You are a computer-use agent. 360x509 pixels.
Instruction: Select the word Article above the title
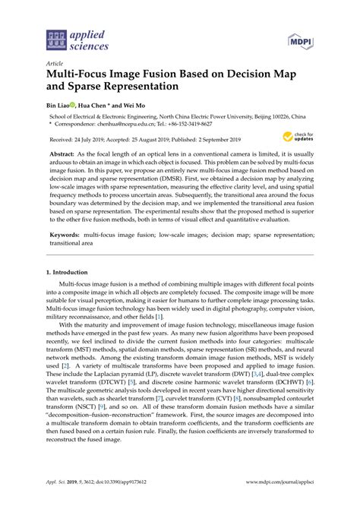point(55,64)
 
